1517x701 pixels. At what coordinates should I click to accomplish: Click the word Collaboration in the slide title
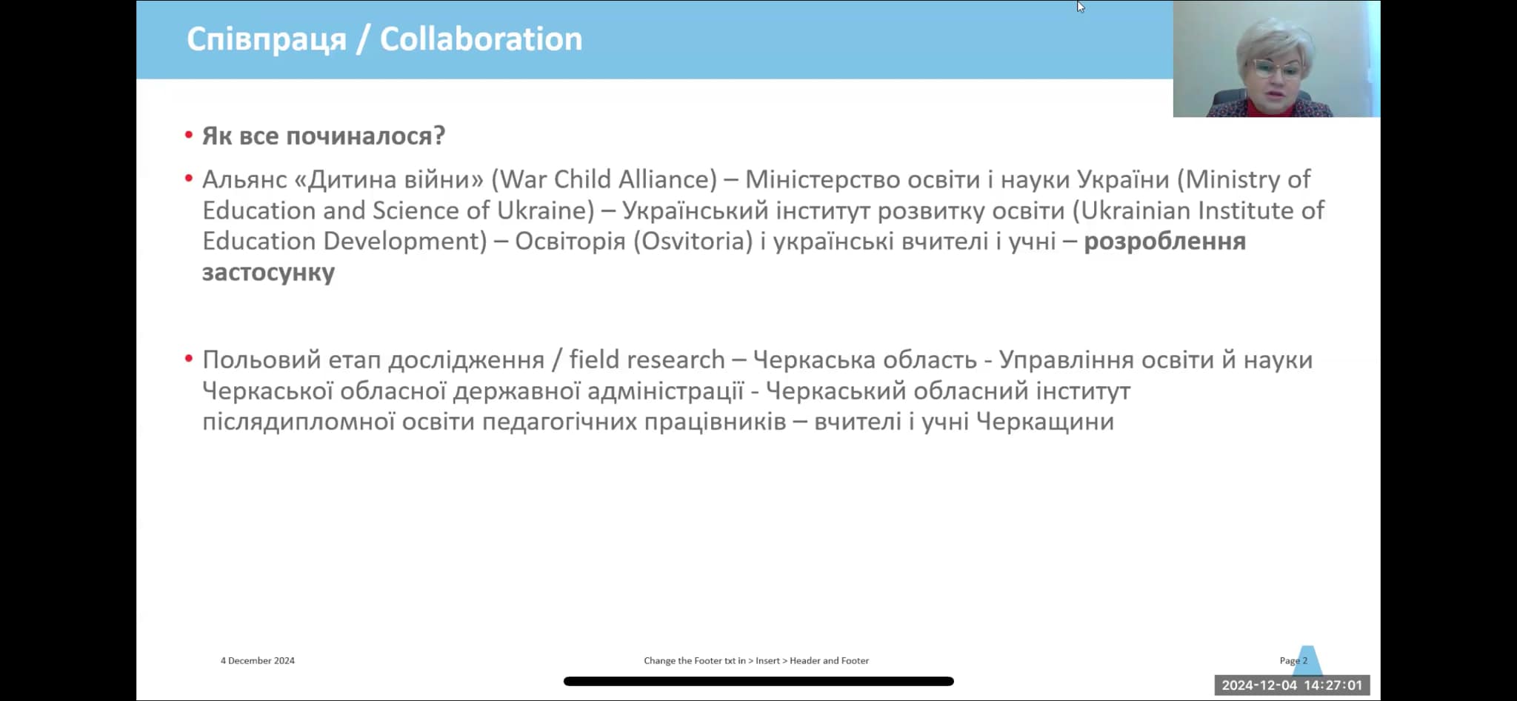[x=481, y=39]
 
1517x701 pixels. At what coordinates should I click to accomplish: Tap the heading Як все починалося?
[x=324, y=136]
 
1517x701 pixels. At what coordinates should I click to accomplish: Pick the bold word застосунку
[x=268, y=273]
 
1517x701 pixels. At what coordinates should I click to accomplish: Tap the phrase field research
[x=647, y=359]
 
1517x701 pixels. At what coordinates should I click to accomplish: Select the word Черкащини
[x=1044, y=422]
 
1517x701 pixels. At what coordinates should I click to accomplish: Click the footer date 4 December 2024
[x=257, y=660]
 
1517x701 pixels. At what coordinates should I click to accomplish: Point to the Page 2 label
[x=1293, y=660]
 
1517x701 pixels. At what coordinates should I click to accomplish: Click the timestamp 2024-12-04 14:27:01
[x=1292, y=685]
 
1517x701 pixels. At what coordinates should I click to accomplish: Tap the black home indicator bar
[x=758, y=681]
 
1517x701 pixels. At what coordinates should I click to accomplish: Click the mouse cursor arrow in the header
[x=1080, y=7]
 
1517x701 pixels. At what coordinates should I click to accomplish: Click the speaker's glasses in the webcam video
[x=1276, y=70]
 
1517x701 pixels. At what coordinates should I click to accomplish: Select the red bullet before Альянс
[x=189, y=179]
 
